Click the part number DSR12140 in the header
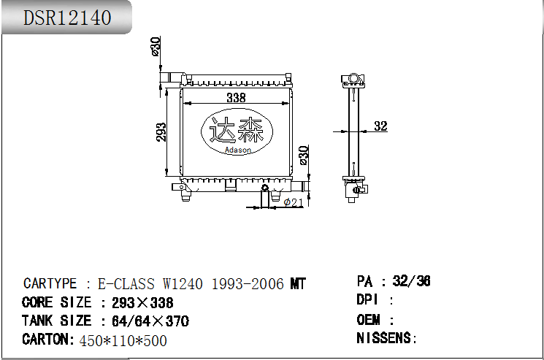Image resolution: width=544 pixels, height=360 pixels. pos(67,18)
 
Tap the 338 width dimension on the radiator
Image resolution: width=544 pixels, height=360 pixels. pos(237,98)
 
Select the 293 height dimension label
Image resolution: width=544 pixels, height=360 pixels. pos(161,131)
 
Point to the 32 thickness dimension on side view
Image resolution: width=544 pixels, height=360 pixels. pos(380,126)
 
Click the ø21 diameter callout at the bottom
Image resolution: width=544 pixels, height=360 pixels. pos(293,202)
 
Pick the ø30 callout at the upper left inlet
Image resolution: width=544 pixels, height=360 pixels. pos(156,46)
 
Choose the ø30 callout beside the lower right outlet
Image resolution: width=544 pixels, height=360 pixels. pos(304,156)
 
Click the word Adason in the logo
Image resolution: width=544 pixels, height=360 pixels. pos(237,150)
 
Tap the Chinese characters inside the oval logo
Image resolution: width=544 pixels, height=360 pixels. pos(237,130)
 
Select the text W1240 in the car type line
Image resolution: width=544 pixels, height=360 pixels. pos(183,284)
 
